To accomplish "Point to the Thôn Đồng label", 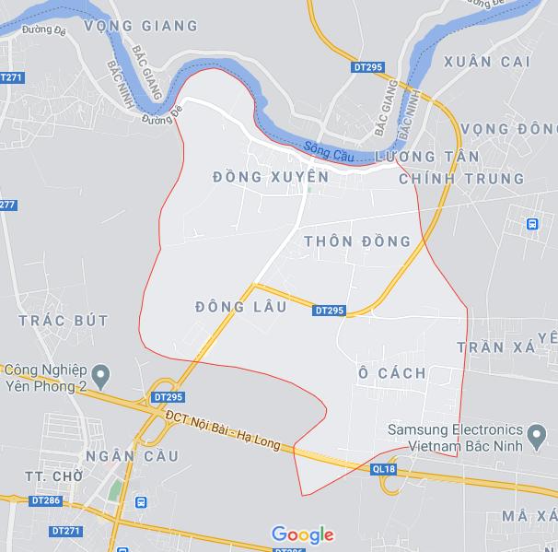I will [x=356, y=241].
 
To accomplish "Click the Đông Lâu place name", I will [x=241, y=305].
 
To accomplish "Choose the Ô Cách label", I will [x=392, y=372].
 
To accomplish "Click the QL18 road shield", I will [x=384, y=469].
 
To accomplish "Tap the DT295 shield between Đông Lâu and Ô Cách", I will [x=329, y=311].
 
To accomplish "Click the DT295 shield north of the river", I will [x=366, y=67].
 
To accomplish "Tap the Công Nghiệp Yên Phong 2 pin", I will [x=102, y=374].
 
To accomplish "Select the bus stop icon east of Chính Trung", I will [x=532, y=224].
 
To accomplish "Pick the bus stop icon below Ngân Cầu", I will [x=141, y=502].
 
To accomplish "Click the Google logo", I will [x=302, y=534].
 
